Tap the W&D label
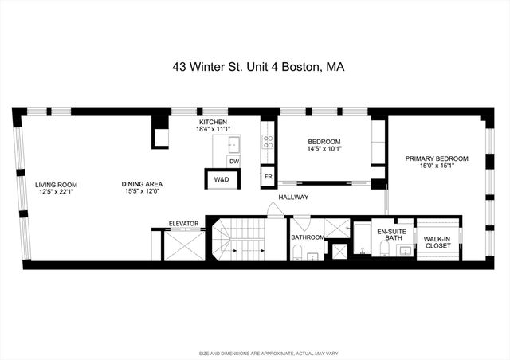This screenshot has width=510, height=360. [222, 180]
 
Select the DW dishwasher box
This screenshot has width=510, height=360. [233, 162]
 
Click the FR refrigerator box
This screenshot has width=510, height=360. [269, 176]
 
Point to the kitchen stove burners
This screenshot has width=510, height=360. [269, 143]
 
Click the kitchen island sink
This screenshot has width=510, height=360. [233, 144]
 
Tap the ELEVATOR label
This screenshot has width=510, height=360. [182, 223]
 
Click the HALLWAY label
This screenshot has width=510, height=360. [293, 197]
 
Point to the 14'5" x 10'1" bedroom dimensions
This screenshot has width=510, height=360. [324, 148]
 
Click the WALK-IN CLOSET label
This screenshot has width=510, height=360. [437, 242]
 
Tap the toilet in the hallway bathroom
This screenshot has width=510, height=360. [296, 252]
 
